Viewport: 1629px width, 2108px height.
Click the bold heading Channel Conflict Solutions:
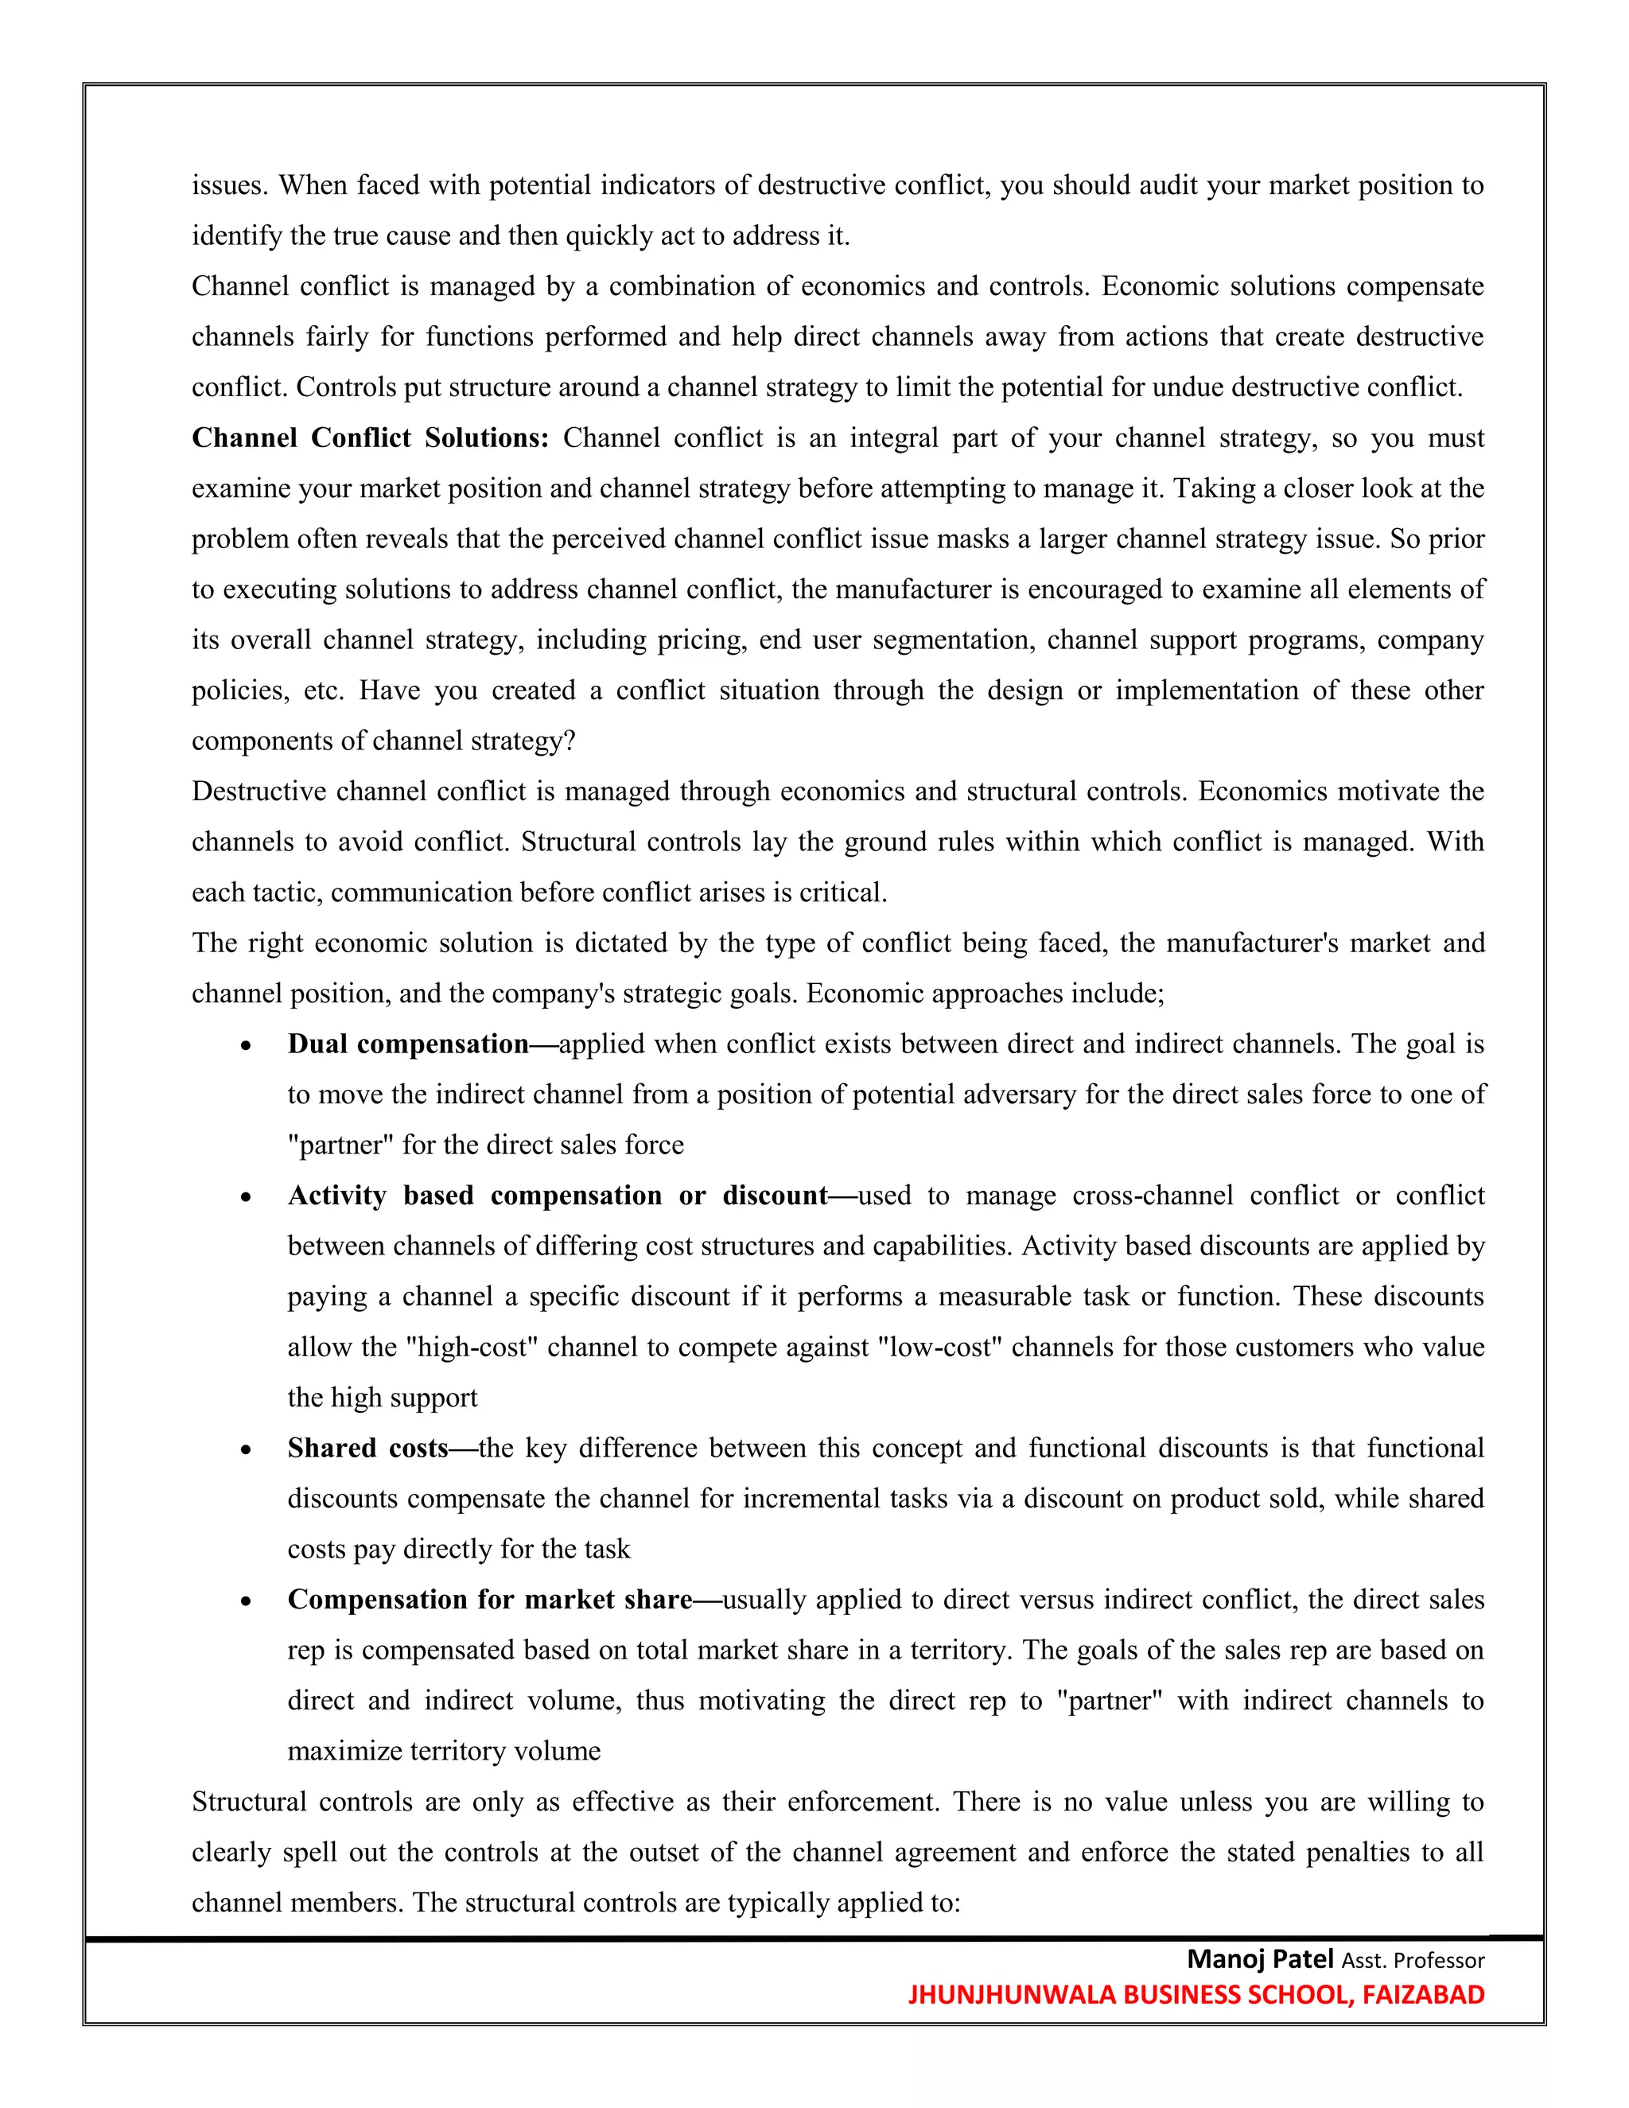pos(370,438)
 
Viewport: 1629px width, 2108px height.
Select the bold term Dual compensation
pos(407,1044)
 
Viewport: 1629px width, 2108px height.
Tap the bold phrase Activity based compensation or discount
pos(557,1196)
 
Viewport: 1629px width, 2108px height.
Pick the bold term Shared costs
pos(367,1449)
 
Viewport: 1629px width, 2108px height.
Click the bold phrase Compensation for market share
pos(489,1600)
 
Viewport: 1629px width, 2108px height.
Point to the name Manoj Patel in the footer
pos(1259,1959)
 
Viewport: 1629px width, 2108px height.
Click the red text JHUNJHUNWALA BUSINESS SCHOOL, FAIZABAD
pos(1196,1995)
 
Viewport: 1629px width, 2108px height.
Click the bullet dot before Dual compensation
pos(247,1046)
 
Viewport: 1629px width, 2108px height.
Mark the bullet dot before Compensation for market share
pos(247,1602)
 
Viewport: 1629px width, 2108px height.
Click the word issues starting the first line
pos(229,185)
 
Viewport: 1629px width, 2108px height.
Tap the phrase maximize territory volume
pos(443,1752)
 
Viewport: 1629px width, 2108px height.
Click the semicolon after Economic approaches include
pos(1161,994)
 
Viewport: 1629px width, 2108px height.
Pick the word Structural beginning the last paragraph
pos(249,1802)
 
